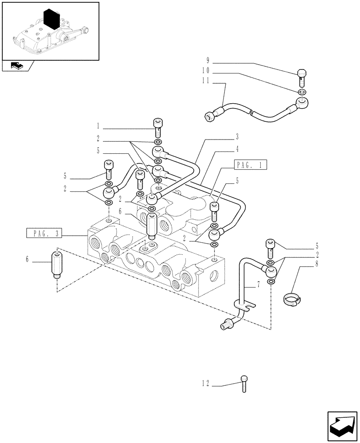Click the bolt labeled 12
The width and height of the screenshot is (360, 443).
coord(244,383)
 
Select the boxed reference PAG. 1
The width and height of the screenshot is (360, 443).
coord(250,165)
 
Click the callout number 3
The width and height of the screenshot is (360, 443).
coord(237,136)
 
